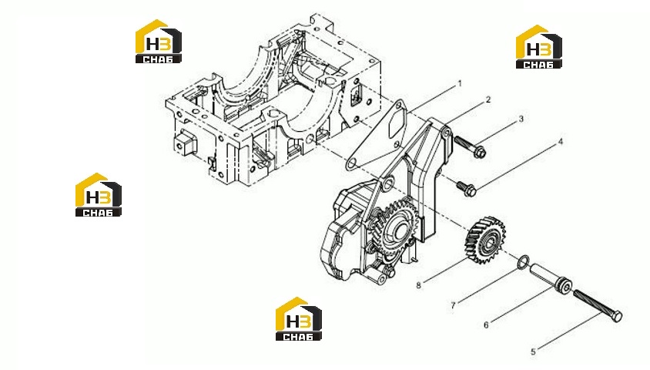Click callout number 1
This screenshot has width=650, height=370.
pyautogui.click(x=459, y=84)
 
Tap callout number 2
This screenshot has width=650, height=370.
pyautogui.click(x=488, y=99)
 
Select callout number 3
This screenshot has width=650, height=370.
pyautogui.click(x=521, y=119)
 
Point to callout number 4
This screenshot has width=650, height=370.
pyautogui.click(x=561, y=142)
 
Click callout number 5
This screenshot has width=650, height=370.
pyautogui.click(x=533, y=352)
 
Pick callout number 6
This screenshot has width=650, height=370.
pyautogui.click(x=486, y=325)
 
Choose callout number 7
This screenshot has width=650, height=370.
pyautogui.click(x=453, y=306)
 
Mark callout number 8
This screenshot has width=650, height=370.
pyautogui.click(x=419, y=285)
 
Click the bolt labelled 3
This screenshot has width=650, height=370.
pyautogui.click(x=470, y=146)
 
